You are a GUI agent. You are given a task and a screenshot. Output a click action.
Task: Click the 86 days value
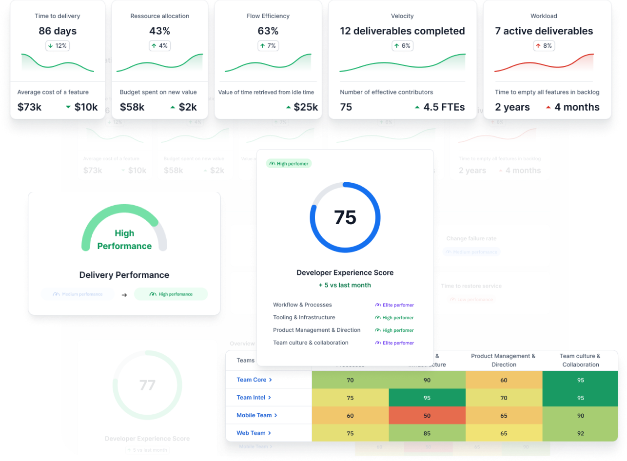click(58, 31)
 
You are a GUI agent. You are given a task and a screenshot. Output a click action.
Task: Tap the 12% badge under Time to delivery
click(58, 46)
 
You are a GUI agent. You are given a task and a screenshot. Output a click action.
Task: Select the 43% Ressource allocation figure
click(159, 31)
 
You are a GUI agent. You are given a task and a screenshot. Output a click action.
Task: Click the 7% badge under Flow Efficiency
click(268, 46)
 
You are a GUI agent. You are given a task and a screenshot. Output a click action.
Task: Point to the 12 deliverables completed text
click(402, 31)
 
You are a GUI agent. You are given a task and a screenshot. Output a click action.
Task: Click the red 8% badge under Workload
click(544, 46)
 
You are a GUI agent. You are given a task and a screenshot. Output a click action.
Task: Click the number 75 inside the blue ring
click(345, 217)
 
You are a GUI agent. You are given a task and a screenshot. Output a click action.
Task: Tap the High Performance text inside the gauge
click(124, 240)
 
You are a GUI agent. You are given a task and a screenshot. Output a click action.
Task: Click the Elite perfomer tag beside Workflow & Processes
click(394, 305)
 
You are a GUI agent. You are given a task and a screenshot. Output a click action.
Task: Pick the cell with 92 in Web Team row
click(580, 433)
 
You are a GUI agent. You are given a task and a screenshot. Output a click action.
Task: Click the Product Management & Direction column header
click(503, 360)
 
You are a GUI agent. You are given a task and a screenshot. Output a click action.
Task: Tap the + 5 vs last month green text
click(345, 285)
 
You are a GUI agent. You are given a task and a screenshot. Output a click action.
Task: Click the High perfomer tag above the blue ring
click(289, 164)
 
